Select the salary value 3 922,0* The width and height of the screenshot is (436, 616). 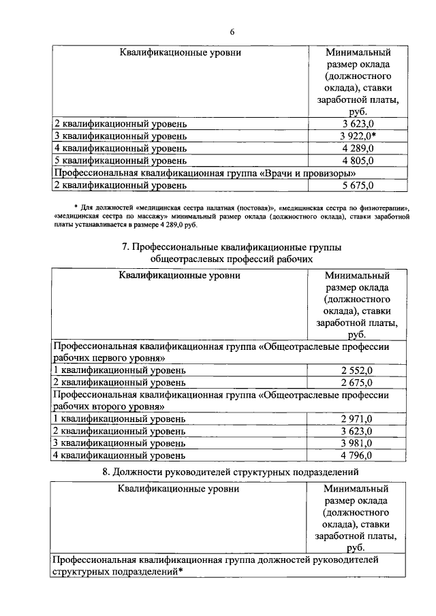coord(359,136)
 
